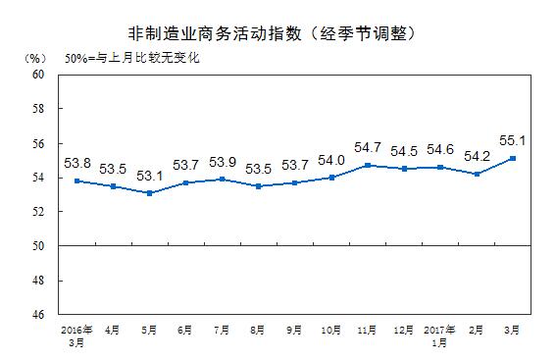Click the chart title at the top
coord(278,33)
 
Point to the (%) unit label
coord(32,60)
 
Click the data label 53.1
coord(150,177)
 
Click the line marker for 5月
coord(149,193)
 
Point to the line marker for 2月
coord(477,174)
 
